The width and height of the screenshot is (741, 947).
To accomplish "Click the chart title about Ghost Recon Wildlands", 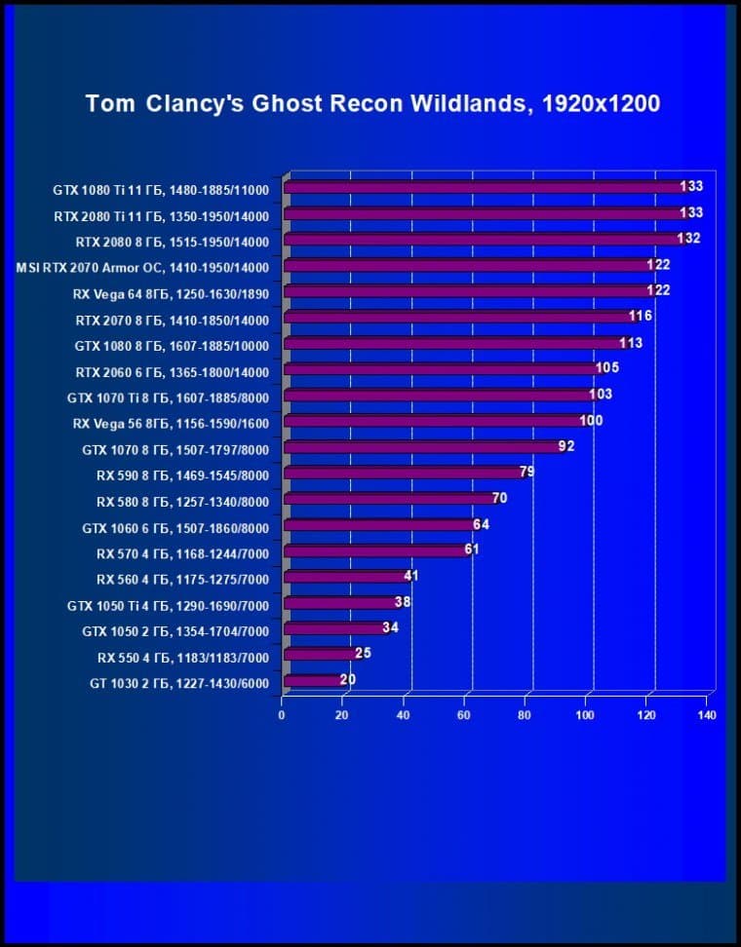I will [373, 103].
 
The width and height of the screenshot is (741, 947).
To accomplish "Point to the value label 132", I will [688, 239].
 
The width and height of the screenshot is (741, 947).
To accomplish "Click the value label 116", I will [641, 316].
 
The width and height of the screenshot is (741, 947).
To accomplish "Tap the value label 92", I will [566, 446].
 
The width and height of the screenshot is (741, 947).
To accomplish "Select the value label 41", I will [410, 576].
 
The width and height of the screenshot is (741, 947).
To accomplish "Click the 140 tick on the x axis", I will [707, 716].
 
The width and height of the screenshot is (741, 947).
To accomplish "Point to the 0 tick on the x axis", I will [282, 716].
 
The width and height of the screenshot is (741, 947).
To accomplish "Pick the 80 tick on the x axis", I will [526, 716].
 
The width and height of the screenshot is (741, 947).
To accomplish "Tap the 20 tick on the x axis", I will [341, 716].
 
